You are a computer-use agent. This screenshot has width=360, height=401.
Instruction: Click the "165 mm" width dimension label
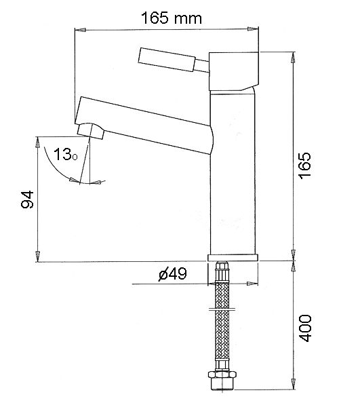point(172,18)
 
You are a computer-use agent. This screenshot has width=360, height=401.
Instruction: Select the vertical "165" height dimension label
point(305,166)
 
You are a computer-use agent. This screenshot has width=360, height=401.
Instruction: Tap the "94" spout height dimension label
point(27,199)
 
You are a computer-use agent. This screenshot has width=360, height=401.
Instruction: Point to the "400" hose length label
point(305,328)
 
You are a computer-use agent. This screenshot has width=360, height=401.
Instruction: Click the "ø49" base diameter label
point(173,273)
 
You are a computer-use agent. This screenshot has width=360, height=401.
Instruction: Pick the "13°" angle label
point(65,155)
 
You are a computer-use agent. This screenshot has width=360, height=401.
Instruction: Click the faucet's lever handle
point(167,59)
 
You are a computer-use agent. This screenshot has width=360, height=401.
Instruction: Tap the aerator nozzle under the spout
point(91,130)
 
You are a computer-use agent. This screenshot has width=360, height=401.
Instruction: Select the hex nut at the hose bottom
point(222,375)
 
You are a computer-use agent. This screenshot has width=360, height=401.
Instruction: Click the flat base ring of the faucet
point(233,258)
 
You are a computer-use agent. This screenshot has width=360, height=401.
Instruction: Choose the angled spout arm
point(144,125)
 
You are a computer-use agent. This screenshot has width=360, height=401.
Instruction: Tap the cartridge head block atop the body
point(234,71)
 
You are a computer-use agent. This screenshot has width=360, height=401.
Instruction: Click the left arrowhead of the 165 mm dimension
point(80,30)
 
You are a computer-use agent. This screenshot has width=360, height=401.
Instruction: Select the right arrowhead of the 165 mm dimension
point(253,29)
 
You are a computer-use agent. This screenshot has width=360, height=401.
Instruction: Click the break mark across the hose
point(222,309)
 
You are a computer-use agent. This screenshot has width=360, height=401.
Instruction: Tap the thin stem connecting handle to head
point(202,66)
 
